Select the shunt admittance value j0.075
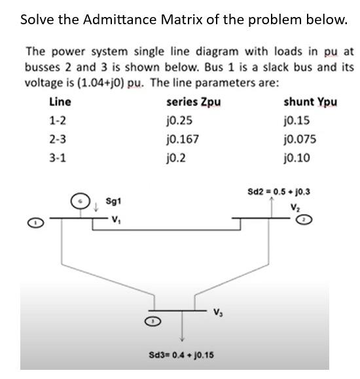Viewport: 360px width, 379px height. click(297, 139)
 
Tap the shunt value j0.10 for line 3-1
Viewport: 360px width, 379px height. click(295, 157)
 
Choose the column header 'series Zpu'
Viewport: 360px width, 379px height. click(194, 103)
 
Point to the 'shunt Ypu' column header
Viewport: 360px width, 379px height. click(310, 103)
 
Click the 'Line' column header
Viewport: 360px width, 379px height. click(60, 103)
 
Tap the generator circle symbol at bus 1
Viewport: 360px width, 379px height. click(81, 198)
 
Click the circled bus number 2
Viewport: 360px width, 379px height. click(321, 221)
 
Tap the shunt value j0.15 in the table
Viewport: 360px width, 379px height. click(295, 121)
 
